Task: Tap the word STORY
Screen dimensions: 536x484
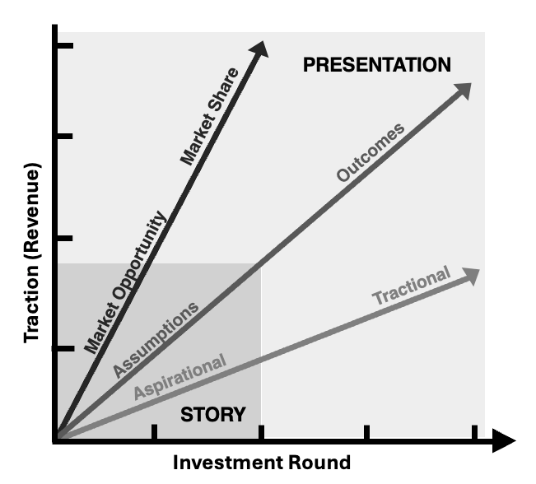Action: [212, 415]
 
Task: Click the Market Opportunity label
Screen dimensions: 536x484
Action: [126, 282]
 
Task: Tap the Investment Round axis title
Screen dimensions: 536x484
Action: [261, 462]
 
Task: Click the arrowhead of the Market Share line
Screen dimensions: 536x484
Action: [263, 49]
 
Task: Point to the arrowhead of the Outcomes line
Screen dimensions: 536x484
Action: [463, 90]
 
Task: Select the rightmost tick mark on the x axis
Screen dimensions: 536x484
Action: [473, 434]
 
